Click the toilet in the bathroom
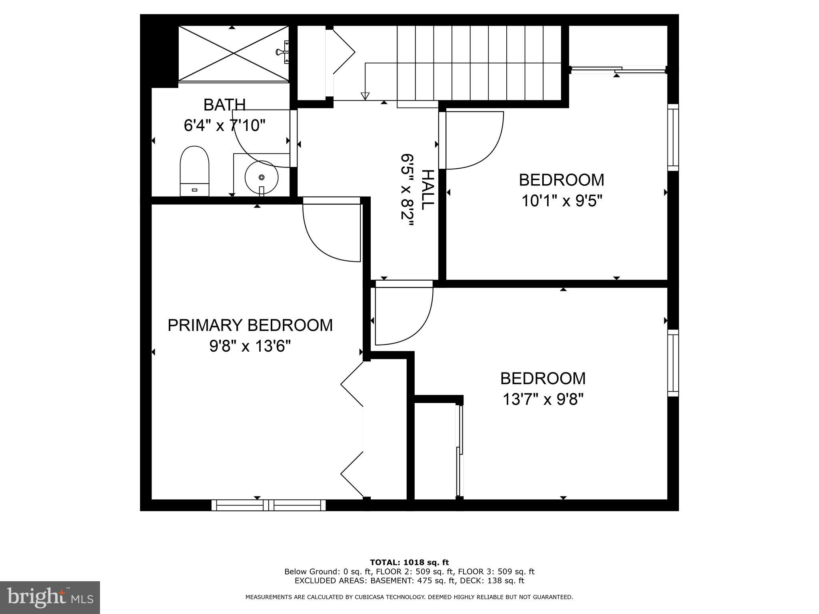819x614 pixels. (x=195, y=171)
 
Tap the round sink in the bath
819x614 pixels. (x=262, y=177)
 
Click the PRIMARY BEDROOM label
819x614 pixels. (x=250, y=325)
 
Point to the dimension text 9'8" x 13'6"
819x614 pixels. (x=250, y=346)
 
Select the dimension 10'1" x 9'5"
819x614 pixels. (x=561, y=201)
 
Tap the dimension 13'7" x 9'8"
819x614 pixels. (x=543, y=399)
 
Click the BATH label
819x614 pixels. (x=224, y=105)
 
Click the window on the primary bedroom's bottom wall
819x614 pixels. (x=268, y=505)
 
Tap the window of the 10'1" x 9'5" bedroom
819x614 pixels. (x=673, y=138)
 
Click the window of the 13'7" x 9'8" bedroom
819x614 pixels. (x=673, y=363)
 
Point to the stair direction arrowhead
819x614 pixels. (x=364, y=96)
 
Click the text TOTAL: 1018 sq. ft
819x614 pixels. (x=409, y=562)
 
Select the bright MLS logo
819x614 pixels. (x=50, y=598)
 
